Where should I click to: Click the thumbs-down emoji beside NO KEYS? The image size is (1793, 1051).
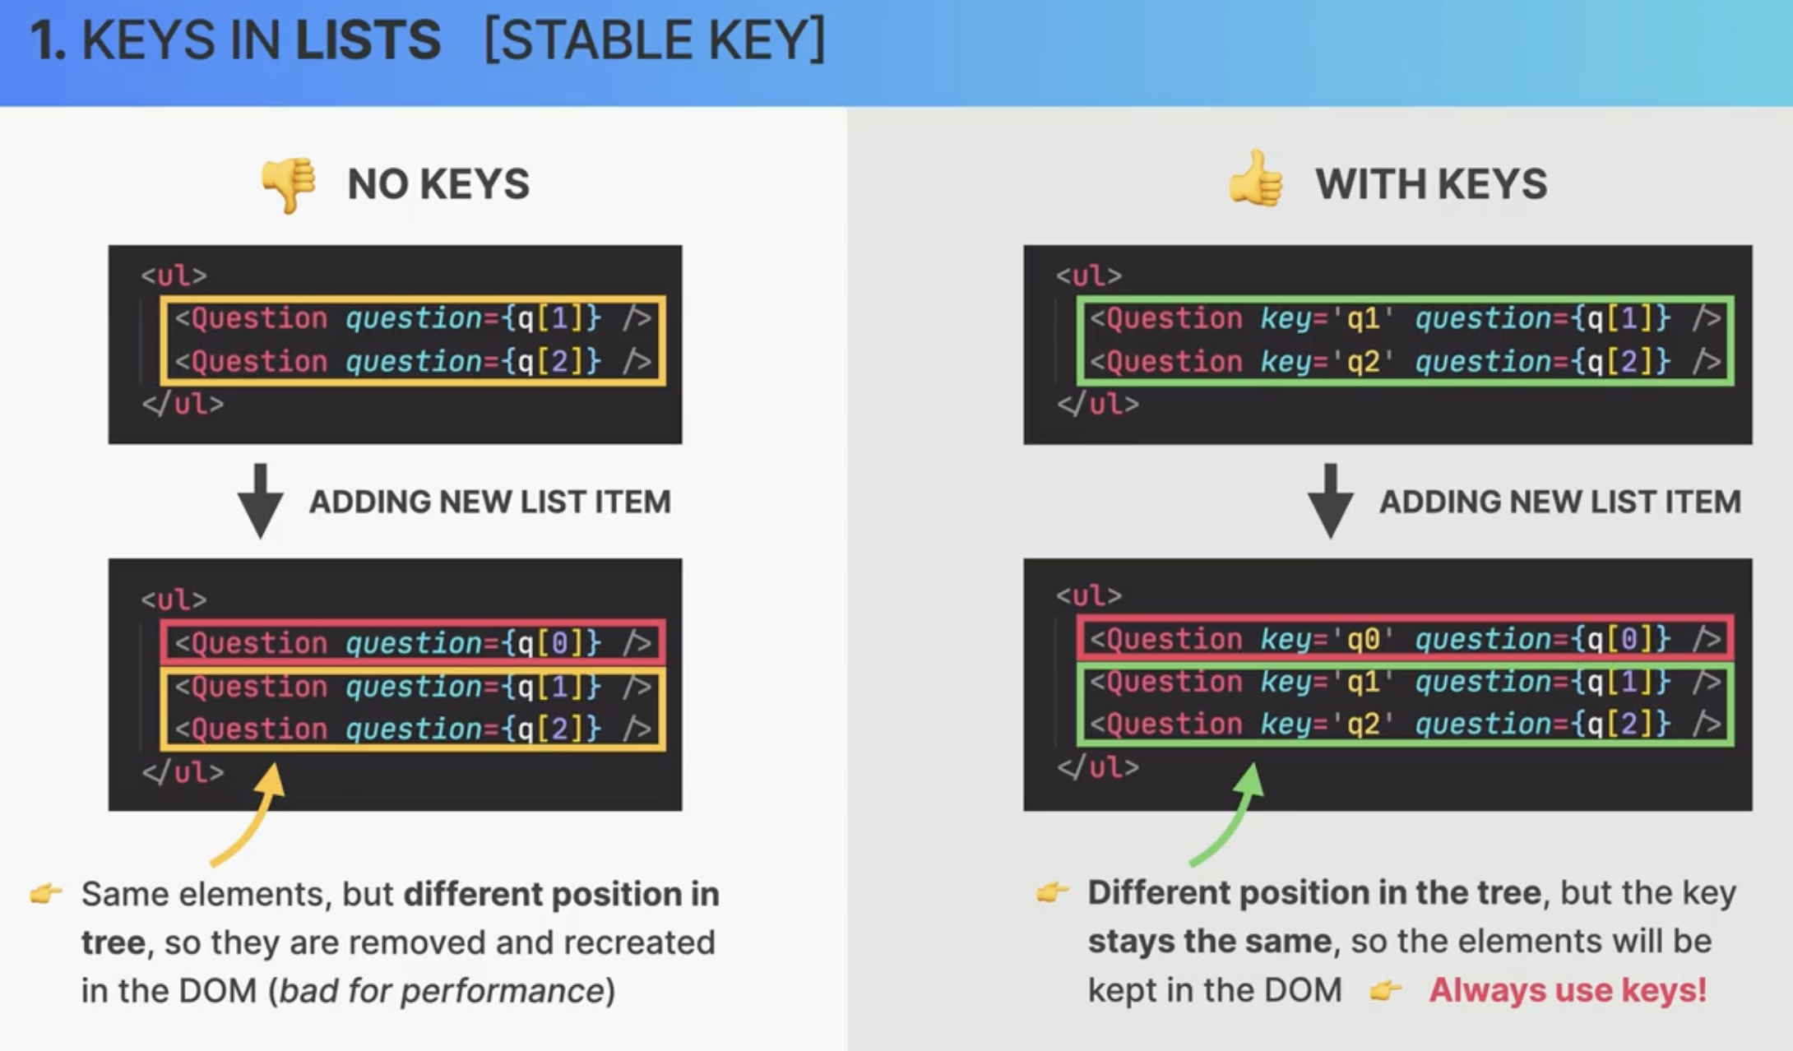point(288,184)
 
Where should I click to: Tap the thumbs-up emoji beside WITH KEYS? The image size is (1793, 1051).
point(1255,178)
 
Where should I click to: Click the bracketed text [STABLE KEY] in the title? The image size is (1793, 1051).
point(655,39)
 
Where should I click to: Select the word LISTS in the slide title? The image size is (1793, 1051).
point(368,39)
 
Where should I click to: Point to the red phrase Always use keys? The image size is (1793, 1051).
point(1568,989)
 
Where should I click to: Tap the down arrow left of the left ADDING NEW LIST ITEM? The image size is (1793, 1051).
point(261,501)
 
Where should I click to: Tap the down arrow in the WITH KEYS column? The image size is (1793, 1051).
point(1331,501)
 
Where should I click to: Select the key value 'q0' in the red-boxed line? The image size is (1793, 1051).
point(1363,639)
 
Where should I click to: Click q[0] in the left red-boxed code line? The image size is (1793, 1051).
point(549,642)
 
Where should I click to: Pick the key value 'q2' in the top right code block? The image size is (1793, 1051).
point(1363,361)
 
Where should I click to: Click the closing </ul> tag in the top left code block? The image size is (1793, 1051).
point(183,404)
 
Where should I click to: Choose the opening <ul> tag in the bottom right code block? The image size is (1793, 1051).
point(1089,595)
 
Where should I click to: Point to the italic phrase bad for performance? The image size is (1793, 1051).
point(442,990)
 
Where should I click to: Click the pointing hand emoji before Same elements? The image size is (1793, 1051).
point(46,893)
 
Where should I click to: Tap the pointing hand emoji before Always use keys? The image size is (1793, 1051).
point(1385,990)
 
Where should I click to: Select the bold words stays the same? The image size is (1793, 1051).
point(1209,941)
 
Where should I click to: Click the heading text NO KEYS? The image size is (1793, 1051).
point(438,183)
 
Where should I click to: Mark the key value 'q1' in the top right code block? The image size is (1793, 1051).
point(1363,318)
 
